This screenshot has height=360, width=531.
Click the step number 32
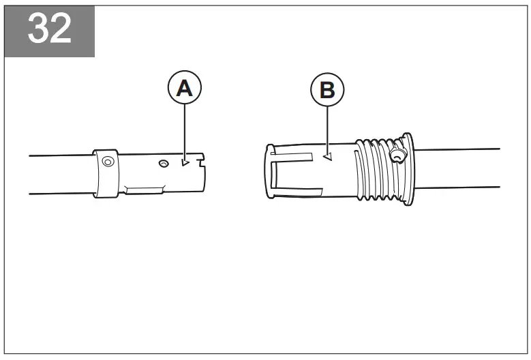point(50,30)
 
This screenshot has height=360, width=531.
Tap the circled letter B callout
point(327,91)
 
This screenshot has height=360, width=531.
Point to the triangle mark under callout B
point(328,156)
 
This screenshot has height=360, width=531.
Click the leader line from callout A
point(185,130)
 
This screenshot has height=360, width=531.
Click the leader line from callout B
point(327,130)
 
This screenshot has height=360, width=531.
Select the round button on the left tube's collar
point(107,162)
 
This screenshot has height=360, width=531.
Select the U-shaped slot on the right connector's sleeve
point(279,174)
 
